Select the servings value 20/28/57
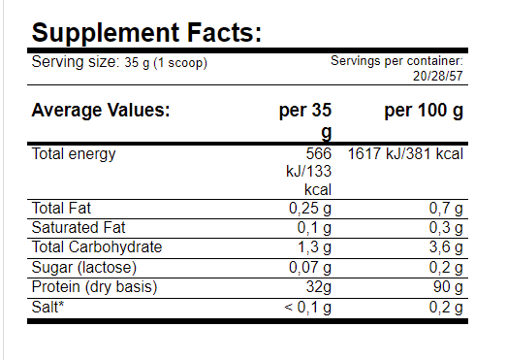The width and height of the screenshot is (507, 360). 437,76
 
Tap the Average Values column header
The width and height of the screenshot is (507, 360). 101,111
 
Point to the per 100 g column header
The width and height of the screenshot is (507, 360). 424,111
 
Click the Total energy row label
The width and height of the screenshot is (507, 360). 74,154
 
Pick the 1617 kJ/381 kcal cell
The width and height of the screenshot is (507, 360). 404,154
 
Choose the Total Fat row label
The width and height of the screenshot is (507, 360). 62,209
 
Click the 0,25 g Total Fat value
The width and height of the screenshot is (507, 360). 310,209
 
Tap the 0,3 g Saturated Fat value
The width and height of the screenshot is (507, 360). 445,228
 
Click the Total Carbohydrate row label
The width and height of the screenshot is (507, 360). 96,247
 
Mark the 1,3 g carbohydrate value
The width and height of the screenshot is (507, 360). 314,247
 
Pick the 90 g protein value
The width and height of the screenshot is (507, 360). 448,286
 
